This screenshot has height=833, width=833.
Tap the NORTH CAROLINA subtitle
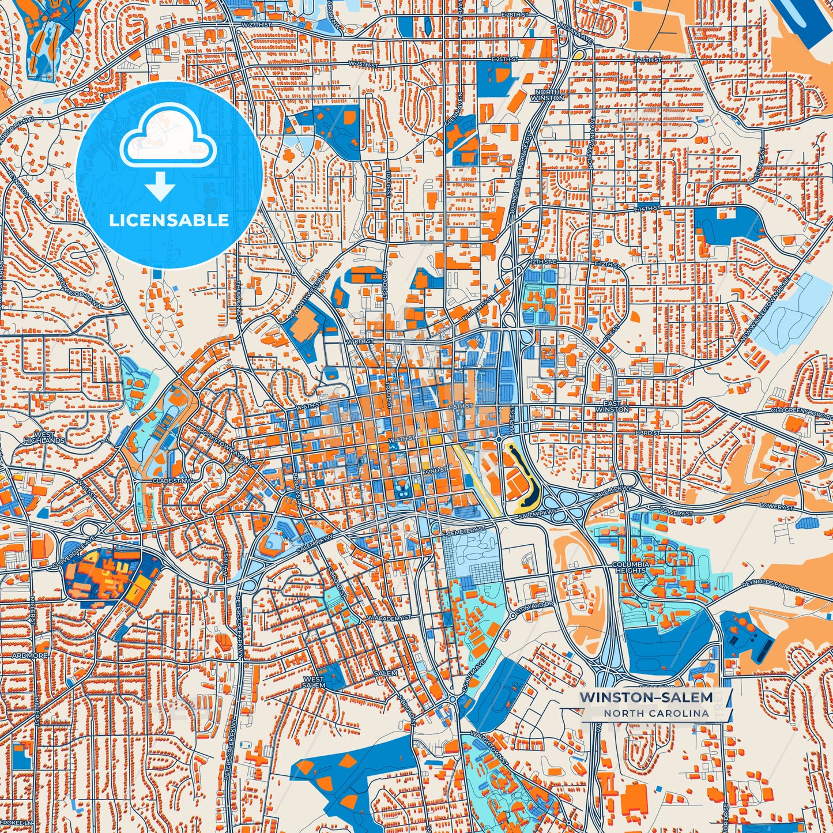[x=656, y=713]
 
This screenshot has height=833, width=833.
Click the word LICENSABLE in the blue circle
[x=169, y=220]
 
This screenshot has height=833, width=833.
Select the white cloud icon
[x=168, y=138]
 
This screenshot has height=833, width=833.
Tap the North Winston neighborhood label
[x=548, y=95]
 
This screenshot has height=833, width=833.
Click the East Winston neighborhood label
[x=612, y=406]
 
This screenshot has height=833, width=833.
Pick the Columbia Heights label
[x=630, y=567]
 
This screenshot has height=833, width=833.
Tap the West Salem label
[x=314, y=683]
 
